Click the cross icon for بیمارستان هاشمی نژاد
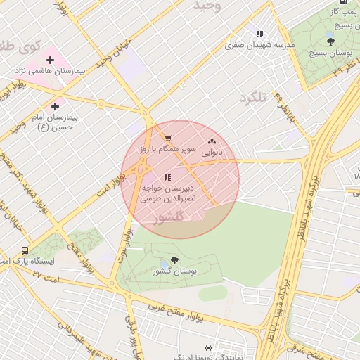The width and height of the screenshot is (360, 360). [x=49, y=59]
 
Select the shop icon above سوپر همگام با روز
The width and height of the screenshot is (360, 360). [x=167, y=138]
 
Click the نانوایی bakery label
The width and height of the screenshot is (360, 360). [x=212, y=152]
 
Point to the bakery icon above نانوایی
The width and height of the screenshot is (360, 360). [x=212, y=141]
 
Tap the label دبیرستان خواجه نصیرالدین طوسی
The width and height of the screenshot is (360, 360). [x=168, y=194]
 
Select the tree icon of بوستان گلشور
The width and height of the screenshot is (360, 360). [x=174, y=259]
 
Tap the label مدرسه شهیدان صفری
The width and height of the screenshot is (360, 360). [x=259, y=45]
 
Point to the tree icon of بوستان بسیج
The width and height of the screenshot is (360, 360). [x=330, y=41]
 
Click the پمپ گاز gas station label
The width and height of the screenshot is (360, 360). [x=345, y=12]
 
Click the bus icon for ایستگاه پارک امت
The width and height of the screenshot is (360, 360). [x=25, y=250]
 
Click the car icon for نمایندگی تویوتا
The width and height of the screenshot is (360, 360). [x=208, y=347]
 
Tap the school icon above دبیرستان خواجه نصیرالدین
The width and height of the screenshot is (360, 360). [x=167, y=178]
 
